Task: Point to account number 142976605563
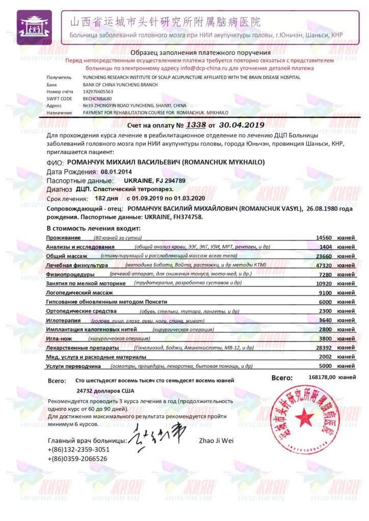pyautogui.click(x=98, y=92)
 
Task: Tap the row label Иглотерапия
pyautogui.click(x=64, y=320)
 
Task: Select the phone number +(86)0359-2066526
pyautogui.click(x=77, y=458)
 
